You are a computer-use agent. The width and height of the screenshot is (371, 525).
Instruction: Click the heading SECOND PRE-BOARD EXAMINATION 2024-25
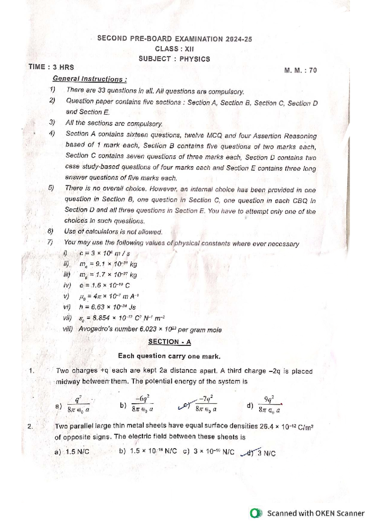[x=174, y=39]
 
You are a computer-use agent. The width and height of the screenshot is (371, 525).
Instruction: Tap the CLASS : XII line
[x=174, y=49]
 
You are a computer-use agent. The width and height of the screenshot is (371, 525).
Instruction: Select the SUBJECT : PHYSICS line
[x=174, y=59]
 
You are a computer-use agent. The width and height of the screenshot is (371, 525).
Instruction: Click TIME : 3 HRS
[x=51, y=67]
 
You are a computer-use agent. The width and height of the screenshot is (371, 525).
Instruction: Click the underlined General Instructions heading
[x=89, y=79]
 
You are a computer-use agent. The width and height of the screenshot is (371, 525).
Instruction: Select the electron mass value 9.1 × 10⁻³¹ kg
[x=108, y=264]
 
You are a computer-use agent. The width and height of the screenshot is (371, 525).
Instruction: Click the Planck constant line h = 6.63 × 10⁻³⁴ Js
[x=107, y=307]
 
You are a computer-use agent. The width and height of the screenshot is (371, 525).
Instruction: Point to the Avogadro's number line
[x=150, y=329]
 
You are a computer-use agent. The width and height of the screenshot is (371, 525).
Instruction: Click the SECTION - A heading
[x=169, y=342]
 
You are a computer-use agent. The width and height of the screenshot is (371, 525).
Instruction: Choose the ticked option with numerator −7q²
[x=206, y=404]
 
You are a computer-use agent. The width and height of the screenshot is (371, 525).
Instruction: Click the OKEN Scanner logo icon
[x=256, y=513]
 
